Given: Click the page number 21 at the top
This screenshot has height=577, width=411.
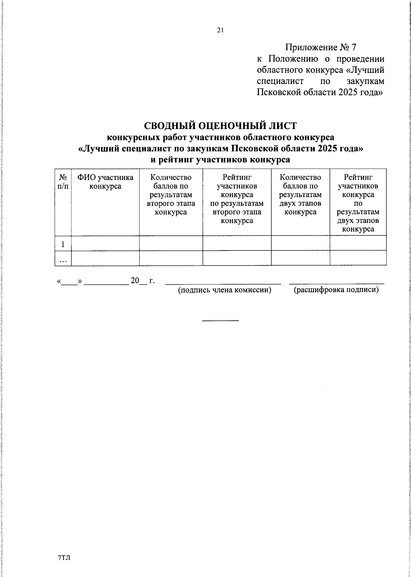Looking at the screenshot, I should (x=220, y=30).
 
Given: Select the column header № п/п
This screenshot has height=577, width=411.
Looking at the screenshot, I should (x=63, y=182).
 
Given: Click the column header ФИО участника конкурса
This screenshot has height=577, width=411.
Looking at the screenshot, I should (x=105, y=182).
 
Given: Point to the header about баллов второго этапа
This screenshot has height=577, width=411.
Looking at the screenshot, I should (x=171, y=194).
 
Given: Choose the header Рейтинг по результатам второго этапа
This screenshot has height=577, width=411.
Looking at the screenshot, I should (x=237, y=199).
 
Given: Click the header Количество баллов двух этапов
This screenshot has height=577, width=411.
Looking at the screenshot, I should (x=300, y=194).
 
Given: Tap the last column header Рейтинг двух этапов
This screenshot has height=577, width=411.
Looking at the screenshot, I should (x=358, y=203).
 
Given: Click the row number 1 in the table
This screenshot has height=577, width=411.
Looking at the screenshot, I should (x=63, y=244).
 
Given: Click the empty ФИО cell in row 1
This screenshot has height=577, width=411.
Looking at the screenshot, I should (x=105, y=243).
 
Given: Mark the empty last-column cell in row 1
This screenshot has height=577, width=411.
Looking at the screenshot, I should (x=358, y=243).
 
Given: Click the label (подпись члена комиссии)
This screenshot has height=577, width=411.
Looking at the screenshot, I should (x=224, y=290).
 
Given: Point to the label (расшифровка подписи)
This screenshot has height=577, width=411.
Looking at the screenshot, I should (x=336, y=290).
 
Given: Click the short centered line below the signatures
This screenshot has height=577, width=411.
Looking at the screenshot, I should (x=220, y=321).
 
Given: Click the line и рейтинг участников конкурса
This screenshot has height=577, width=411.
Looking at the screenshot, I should (x=220, y=159).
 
